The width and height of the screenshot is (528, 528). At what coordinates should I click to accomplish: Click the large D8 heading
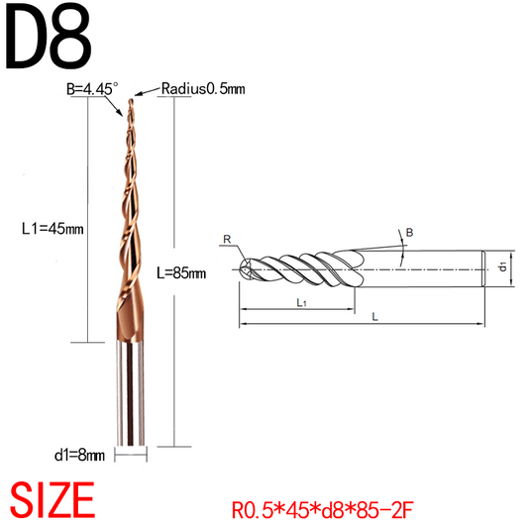50,37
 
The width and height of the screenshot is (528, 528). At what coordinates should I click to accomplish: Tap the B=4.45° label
91,88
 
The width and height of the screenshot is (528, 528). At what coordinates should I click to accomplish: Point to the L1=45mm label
53,228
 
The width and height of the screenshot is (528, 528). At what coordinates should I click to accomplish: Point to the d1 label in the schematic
503,266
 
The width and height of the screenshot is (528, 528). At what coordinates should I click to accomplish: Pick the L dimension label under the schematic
372,317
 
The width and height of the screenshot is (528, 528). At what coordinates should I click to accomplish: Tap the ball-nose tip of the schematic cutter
244,267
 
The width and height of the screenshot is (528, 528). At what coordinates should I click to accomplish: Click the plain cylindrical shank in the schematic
436,267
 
